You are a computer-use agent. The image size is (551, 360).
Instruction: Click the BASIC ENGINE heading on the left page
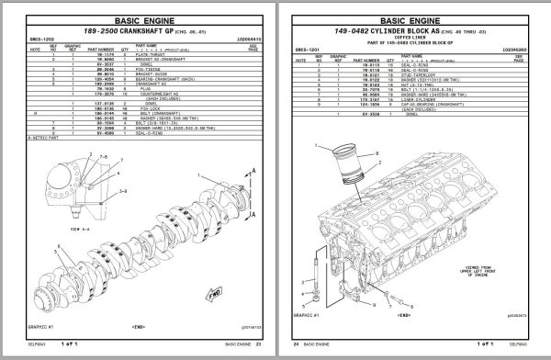(137, 17)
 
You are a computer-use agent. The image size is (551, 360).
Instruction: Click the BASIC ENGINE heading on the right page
(413, 17)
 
